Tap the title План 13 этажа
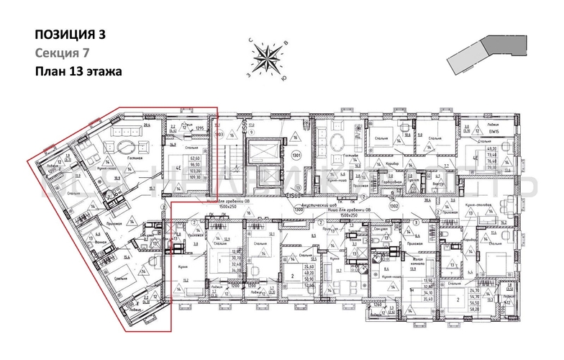(78, 71)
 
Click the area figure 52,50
(329, 285)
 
